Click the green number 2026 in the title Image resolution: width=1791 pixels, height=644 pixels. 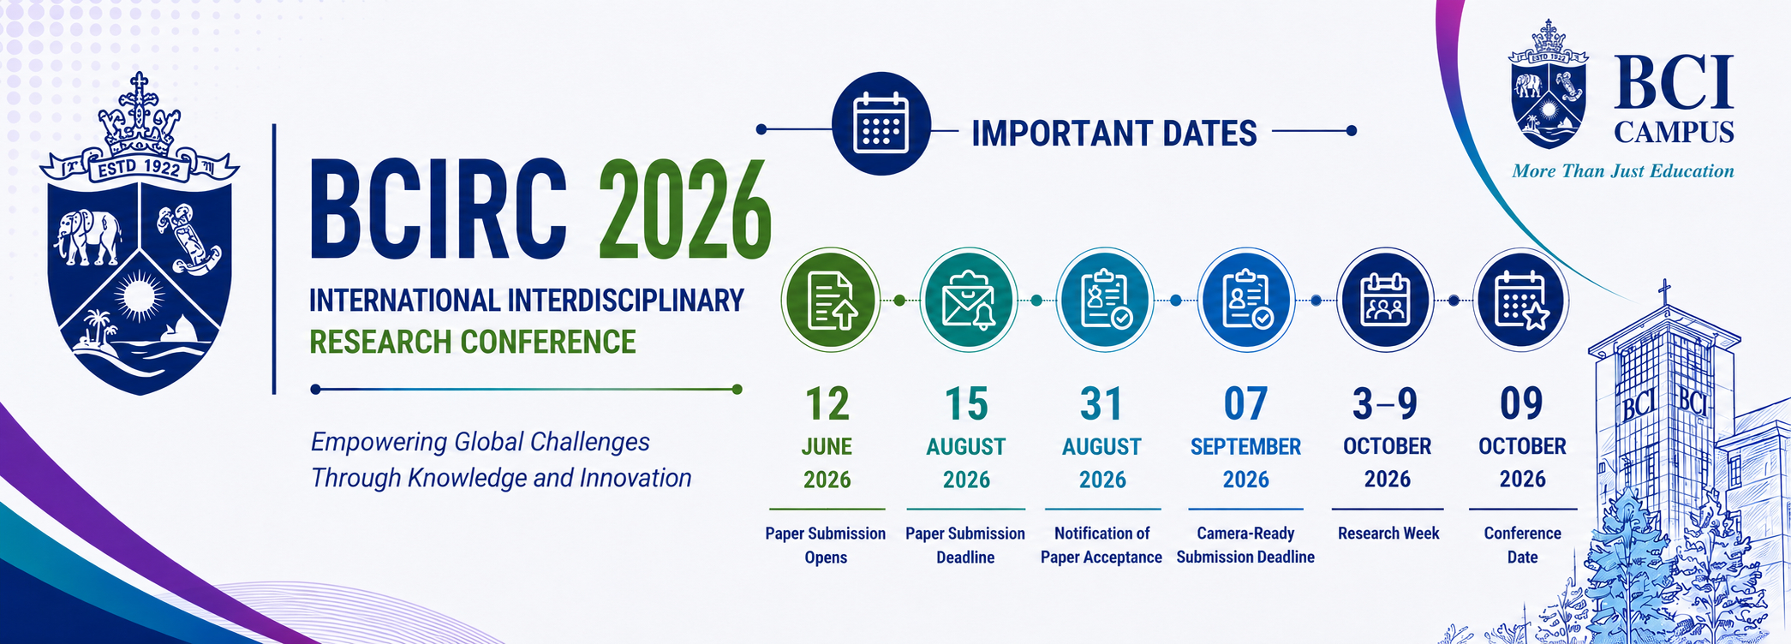coord(685,210)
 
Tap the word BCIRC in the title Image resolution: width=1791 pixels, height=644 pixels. coord(438,210)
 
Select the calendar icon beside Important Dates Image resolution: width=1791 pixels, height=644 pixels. coord(881,124)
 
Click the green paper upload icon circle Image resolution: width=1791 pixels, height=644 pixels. coord(830,300)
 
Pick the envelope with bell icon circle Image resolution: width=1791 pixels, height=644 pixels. coord(968,300)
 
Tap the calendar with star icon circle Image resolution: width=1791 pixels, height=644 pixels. coord(1520,300)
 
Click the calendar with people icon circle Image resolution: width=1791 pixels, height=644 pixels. coord(1385,300)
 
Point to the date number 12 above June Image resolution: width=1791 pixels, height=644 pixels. coord(827,403)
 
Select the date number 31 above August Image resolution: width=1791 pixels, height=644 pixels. coord(1101,403)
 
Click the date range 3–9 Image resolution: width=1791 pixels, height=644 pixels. coord(1385,403)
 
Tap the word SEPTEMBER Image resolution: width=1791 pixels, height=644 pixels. coord(1245,446)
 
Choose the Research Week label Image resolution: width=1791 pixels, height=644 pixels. coord(1388,534)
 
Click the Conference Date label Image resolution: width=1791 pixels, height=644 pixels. coord(1522,545)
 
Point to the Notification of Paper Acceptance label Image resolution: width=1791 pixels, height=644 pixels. coord(1101,545)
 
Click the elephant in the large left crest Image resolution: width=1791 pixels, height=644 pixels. coord(88,236)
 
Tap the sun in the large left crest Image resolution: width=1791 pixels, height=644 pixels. coord(139,296)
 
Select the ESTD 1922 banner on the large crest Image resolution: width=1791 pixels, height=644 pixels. coord(139,168)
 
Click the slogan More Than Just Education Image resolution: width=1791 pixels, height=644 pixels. coord(1623,171)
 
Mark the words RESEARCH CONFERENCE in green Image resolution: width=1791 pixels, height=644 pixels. coord(473,342)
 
